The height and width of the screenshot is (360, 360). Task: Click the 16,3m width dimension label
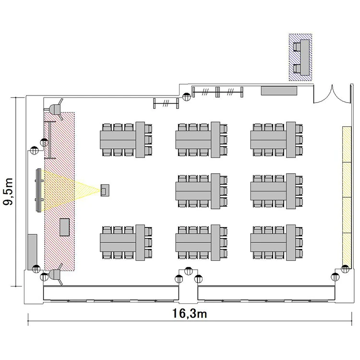[x=190, y=313]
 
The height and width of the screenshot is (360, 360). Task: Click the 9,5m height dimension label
[x=8, y=191]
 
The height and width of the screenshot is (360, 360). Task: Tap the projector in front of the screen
[x=105, y=190]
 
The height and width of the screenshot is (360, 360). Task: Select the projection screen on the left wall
[x=39, y=190]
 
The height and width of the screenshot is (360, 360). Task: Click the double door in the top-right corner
[x=332, y=96]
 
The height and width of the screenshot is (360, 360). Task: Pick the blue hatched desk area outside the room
[x=300, y=57]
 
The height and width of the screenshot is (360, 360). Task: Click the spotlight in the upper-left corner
[x=56, y=109]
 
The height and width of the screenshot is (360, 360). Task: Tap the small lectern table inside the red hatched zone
[x=64, y=227]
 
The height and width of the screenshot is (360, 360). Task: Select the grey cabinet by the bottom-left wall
[x=32, y=252]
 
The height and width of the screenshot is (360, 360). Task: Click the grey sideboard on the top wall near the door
[x=279, y=90]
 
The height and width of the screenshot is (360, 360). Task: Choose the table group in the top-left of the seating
[x=126, y=140]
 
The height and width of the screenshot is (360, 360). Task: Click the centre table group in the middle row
[x=201, y=191]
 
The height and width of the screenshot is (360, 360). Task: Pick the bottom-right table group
[x=276, y=242]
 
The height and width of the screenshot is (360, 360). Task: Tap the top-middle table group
[x=201, y=140]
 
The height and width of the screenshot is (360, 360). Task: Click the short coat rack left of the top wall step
[x=166, y=103]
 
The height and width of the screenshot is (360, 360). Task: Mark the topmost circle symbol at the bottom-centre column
[x=189, y=271]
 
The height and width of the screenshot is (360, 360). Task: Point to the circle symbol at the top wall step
[x=186, y=96]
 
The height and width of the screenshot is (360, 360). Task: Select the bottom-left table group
[x=126, y=242]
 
